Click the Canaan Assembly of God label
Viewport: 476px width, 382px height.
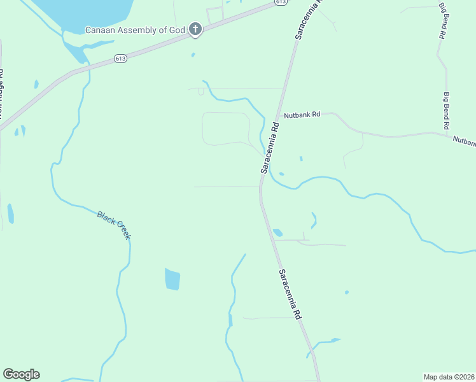pyautogui.click(x=136, y=29)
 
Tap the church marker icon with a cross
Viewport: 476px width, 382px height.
pyautogui.click(x=195, y=29)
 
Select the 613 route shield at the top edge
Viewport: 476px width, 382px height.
pyautogui.click(x=280, y=3)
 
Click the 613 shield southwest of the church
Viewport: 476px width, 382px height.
pyautogui.click(x=121, y=59)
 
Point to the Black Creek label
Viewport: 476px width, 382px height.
pyautogui.click(x=115, y=225)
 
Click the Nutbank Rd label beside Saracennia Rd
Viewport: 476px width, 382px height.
pyautogui.click(x=302, y=115)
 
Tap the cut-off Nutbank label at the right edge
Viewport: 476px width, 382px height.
pyautogui.click(x=464, y=141)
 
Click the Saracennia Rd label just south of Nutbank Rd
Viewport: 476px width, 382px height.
pyautogui.click(x=270, y=148)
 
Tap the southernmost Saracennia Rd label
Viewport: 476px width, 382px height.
pyautogui.click(x=290, y=294)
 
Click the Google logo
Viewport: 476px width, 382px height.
pyautogui.click(x=21, y=374)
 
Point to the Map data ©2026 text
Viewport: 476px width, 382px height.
pyautogui.click(x=449, y=377)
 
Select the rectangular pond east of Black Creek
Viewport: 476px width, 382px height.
pyautogui.click(x=172, y=279)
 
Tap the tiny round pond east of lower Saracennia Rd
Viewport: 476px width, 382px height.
pyautogui.click(x=346, y=292)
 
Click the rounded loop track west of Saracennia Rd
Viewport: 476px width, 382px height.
pyautogui.click(x=226, y=128)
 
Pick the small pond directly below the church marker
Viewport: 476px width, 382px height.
pyautogui.click(x=193, y=55)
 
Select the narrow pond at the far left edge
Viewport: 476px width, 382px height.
pyautogui.click(x=10, y=214)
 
